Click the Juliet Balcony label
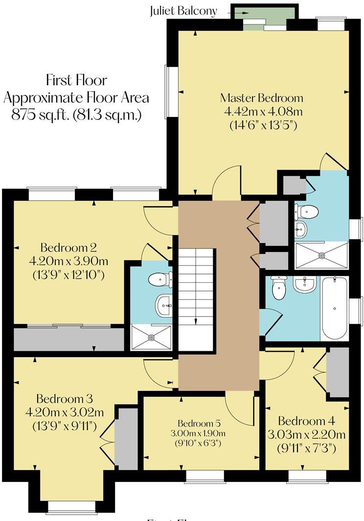pyautogui.click(x=183, y=11)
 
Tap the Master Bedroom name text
pyautogui.click(x=261, y=98)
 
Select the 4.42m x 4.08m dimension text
pyautogui.click(x=263, y=111)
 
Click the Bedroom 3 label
pyautogui.click(x=64, y=398)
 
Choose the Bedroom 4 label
pyautogui.click(x=308, y=421)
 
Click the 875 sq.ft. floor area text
pyautogui.click(x=76, y=115)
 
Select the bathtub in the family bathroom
pyautogui.click(x=335, y=308)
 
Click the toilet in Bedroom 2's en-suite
pyautogui.click(x=160, y=279)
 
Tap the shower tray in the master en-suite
pyautogui.click(x=321, y=255)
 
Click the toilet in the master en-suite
pyautogui.click(x=307, y=211)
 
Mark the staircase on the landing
pyautogui.click(x=196, y=298)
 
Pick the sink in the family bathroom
pyautogui.click(x=305, y=284)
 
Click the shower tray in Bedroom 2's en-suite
pyautogui.click(x=151, y=337)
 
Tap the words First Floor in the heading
pyautogui.click(x=76, y=80)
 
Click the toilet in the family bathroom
pyautogui.click(x=279, y=288)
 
